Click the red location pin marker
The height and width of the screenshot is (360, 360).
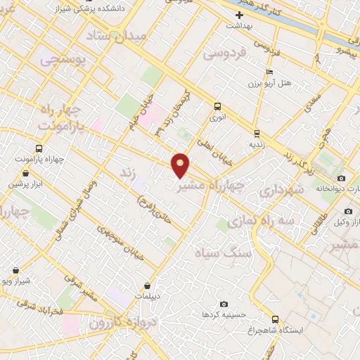(x=181, y=165)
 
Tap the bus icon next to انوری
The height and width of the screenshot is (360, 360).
(x=217, y=107)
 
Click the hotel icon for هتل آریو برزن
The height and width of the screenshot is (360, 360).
(x=270, y=72)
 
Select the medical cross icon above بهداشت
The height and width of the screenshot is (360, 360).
(x=240, y=14)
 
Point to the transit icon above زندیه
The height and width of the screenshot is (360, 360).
(x=257, y=132)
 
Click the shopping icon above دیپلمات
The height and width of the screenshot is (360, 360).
(x=147, y=285)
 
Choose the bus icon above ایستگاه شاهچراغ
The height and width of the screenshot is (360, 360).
(x=275, y=319)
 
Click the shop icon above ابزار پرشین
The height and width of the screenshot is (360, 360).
(x=25, y=173)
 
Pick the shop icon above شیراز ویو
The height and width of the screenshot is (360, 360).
(x=16, y=270)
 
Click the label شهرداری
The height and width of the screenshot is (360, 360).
(x=281, y=189)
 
